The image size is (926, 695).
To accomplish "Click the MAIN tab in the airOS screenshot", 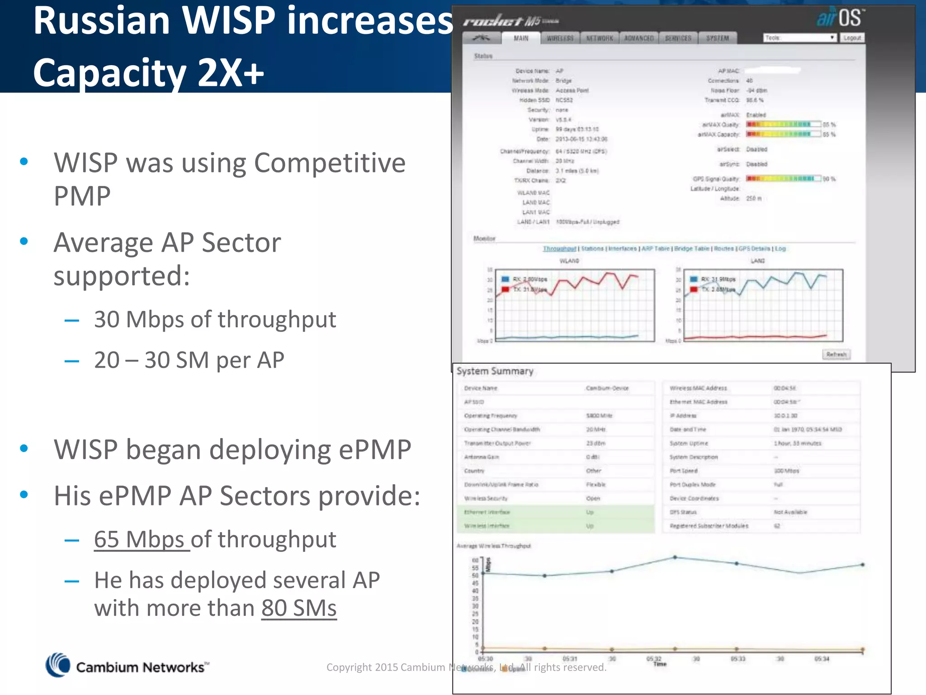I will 521,38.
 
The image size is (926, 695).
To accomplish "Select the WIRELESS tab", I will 560,38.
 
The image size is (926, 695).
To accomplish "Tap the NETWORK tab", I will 600,38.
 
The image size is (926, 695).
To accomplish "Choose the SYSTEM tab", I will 718,38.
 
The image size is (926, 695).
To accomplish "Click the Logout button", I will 852,38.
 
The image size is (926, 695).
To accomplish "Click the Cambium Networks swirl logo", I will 58,665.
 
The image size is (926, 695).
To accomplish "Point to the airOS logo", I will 840,18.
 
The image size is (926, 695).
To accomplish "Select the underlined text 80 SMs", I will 299,608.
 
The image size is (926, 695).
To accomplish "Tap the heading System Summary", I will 495,371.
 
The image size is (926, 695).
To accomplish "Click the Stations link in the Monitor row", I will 592,249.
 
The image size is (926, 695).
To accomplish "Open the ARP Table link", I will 655,249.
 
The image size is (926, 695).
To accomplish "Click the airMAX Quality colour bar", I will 783,124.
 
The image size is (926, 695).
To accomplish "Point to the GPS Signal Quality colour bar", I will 783,179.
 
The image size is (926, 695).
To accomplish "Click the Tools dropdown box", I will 799,38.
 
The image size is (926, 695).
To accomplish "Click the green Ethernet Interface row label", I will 487,512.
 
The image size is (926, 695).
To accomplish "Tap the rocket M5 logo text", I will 511,21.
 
